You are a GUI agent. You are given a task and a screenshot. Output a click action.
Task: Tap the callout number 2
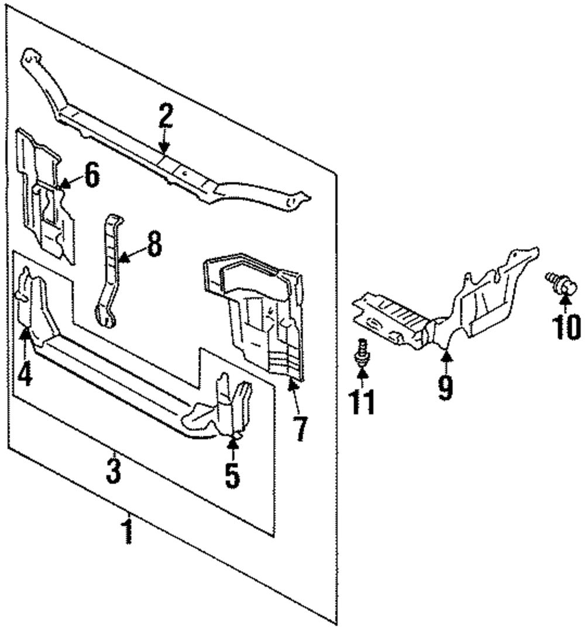[165, 116]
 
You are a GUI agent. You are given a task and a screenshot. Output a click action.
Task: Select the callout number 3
[113, 471]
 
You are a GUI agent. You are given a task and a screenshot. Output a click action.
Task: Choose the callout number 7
[299, 429]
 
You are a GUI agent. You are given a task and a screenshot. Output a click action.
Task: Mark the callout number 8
[153, 245]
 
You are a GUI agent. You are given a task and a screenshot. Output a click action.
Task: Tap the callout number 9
[446, 387]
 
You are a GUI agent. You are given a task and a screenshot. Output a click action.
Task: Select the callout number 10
[566, 326]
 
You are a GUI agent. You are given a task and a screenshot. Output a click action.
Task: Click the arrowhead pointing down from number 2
[165, 149]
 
